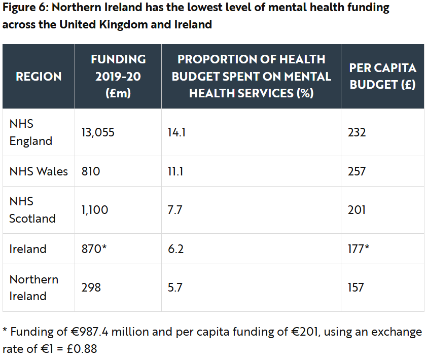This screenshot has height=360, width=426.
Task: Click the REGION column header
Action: click(39, 77)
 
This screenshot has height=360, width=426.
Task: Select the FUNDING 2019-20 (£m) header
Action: click(118, 76)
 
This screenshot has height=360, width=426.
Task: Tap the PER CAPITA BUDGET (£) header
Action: click(383, 77)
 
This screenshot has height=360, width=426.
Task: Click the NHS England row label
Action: click(31, 132)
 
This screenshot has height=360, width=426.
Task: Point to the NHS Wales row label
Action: click(39, 171)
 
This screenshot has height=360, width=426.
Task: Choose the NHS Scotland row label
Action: click(32, 210)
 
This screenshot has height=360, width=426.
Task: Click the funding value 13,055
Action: click(98, 133)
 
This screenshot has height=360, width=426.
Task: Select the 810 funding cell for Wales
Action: click(91, 171)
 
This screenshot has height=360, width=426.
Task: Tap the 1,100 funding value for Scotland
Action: click(95, 210)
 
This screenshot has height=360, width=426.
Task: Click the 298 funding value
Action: click(91, 287)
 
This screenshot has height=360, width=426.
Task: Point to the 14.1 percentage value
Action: click(176, 133)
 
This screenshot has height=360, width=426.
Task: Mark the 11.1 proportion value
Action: click(175, 171)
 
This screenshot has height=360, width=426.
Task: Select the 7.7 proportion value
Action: click(175, 210)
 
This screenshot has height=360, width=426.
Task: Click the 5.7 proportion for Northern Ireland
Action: click(175, 287)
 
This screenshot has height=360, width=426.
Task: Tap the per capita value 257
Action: click(357, 171)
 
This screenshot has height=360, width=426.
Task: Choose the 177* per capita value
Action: click(359, 249)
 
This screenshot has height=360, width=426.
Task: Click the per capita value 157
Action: click(356, 287)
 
